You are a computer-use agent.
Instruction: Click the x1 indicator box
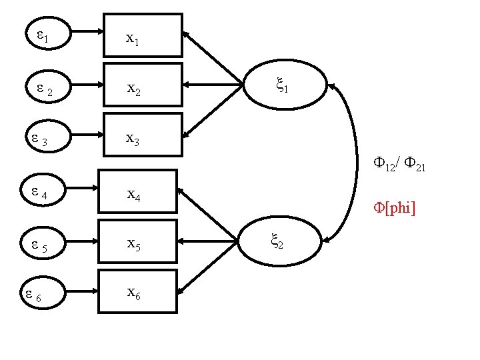143,35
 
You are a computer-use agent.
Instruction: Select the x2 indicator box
143,85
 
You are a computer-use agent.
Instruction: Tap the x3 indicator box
143,135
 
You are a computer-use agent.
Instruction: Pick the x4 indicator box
138,191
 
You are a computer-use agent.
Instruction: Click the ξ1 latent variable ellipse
284,85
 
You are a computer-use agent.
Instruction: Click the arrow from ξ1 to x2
213,85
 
